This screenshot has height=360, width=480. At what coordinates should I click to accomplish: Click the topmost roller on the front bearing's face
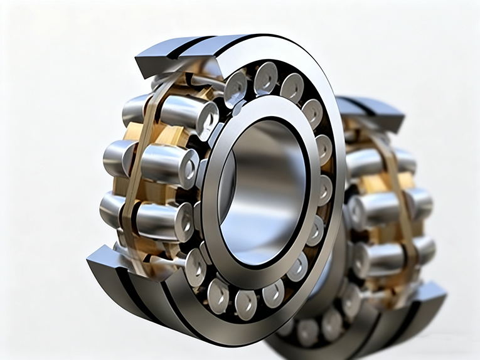266,77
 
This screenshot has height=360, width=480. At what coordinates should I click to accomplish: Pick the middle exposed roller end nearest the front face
186,167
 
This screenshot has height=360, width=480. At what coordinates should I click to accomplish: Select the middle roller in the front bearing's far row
119,157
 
